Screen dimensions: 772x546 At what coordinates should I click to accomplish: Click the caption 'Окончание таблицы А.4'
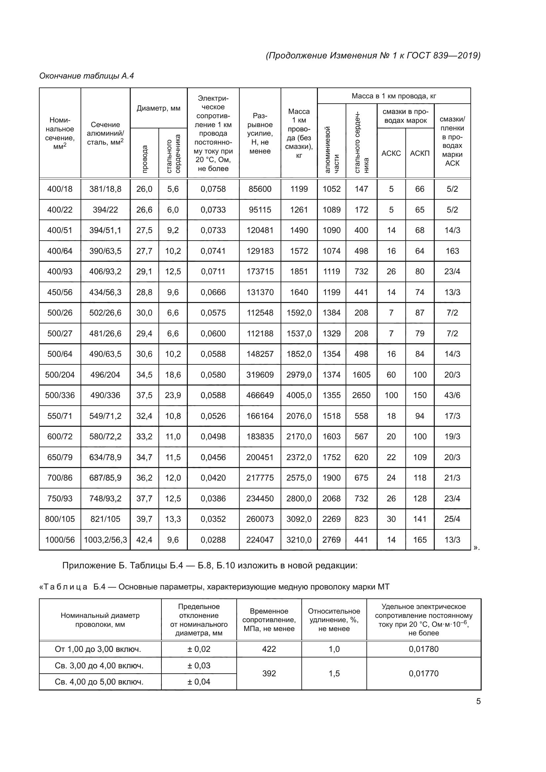pyautogui.click(x=86, y=76)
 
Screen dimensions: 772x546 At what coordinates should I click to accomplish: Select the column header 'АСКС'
pyautogui.click(x=391, y=153)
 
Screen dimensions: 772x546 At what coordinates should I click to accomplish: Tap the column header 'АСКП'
pyautogui.click(x=420, y=153)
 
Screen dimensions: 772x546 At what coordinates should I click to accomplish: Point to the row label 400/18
pyautogui.click(x=60, y=189)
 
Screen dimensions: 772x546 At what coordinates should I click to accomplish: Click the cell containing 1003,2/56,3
pyautogui.click(x=105, y=540)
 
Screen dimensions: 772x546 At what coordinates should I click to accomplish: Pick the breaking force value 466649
pyautogui.click(x=260, y=395)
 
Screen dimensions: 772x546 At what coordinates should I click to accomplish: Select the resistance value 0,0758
pyautogui.click(x=213, y=189)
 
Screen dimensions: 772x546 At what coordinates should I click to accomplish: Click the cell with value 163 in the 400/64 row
pyautogui.click(x=452, y=251)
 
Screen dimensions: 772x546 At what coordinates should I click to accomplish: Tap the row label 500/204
pyautogui.click(x=60, y=375)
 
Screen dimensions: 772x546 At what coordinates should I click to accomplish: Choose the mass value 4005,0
pyautogui.click(x=299, y=395)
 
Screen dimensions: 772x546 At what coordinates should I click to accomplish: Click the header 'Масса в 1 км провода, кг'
pyautogui.click(x=394, y=96)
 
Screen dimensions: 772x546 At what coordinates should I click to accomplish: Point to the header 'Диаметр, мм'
pyautogui.click(x=158, y=108)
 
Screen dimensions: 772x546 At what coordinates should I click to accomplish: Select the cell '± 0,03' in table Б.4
pyautogui.click(x=199, y=665)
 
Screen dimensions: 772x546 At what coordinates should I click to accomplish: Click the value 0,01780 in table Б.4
pyautogui.click(x=424, y=649)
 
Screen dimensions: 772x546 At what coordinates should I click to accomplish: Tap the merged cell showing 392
pyautogui.click(x=269, y=674)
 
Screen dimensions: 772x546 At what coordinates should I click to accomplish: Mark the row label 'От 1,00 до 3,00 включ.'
pyautogui.click(x=98, y=649)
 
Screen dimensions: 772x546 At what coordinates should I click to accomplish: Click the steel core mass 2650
pyautogui.click(x=361, y=395)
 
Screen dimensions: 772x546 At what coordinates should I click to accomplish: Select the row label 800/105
pyautogui.click(x=60, y=519)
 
